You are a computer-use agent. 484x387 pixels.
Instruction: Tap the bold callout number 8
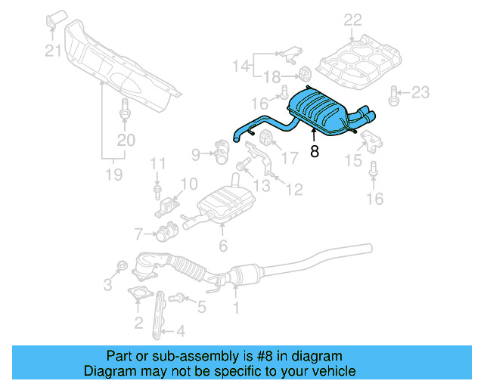[314, 151]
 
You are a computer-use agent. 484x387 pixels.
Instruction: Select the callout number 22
[352, 20]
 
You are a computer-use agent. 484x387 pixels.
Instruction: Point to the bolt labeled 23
[393, 94]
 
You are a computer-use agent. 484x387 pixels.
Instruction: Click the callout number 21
[51, 51]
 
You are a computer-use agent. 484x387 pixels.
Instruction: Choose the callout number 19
[113, 175]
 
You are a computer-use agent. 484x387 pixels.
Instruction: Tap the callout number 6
[222, 245]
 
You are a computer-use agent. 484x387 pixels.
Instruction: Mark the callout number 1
[236, 308]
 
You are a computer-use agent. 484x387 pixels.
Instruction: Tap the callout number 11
[157, 163]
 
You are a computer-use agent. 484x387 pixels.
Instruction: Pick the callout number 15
[353, 159]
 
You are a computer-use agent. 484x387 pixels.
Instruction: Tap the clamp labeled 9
[221, 150]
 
